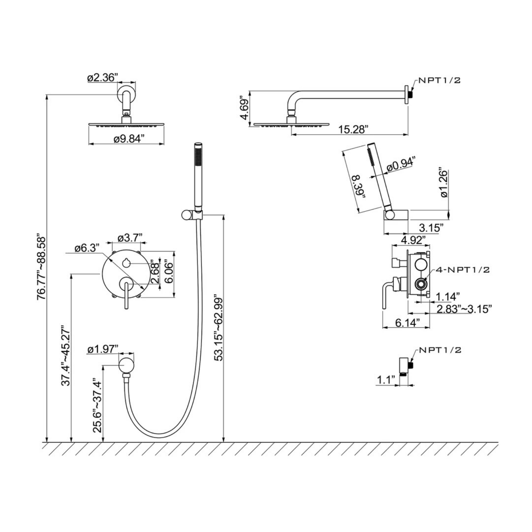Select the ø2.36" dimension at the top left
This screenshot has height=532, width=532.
click(x=102, y=78)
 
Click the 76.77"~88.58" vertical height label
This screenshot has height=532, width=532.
click(x=41, y=266)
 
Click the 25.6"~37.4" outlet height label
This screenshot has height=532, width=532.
click(x=97, y=405)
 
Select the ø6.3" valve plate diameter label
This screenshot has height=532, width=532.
click(x=87, y=248)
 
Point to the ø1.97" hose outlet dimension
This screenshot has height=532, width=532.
click(x=103, y=349)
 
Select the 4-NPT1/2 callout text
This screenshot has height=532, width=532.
click(x=462, y=270)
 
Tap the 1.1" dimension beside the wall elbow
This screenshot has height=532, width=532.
click(x=386, y=380)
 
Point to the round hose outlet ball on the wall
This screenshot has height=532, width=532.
click(x=126, y=364)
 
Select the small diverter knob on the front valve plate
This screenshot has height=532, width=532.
click(x=126, y=263)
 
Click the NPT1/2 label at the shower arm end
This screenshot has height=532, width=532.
click(x=440, y=80)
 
